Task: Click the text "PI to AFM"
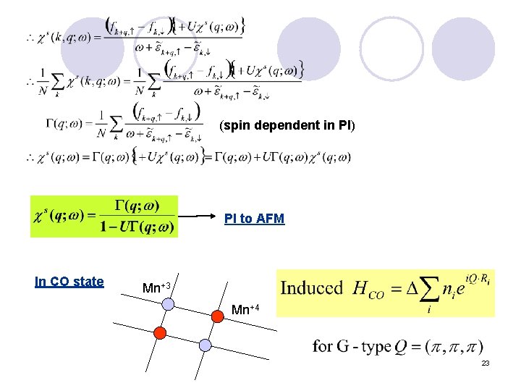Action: [x=254, y=218]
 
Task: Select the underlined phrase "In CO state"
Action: [x=69, y=282]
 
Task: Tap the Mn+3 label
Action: [x=156, y=287]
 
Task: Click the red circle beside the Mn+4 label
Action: [x=218, y=315]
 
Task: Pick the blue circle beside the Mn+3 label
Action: [x=168, y=305]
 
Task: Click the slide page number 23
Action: [x=486, y=361]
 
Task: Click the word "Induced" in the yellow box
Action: [x=311, y=288]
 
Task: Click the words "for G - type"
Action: [x=352, y=346]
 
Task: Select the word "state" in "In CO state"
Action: [x=89, y=282]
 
